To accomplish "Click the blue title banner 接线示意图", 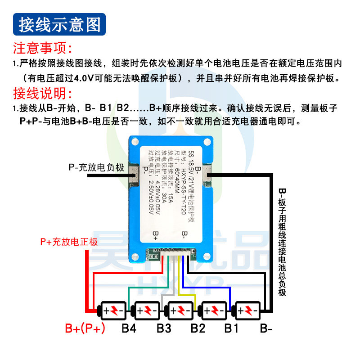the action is [60, 24].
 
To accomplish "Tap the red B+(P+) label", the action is [85, 328].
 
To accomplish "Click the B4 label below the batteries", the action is [129, 328].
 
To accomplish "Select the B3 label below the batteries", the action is [164, 328].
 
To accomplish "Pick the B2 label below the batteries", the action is [198, 328].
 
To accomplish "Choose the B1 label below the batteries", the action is [231, 328].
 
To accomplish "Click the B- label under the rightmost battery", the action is [266, 328].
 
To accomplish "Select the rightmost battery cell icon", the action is [247, 310].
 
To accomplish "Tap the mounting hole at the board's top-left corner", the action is [135, 141].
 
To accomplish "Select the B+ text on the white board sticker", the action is [156, 236].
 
